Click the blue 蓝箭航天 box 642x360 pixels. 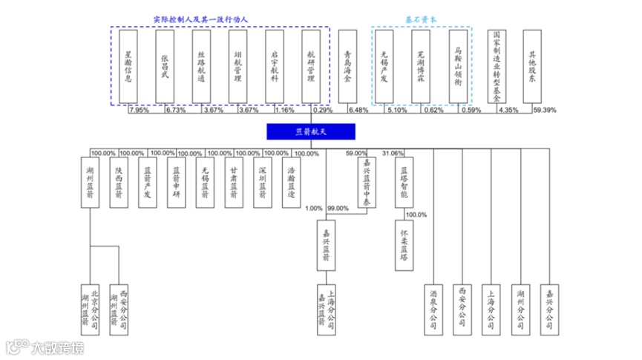click(x=311, y=131)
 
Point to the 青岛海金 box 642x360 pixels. click(x=349, y=66)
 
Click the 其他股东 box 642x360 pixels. click(x=532, y=66)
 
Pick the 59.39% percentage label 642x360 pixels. click(x=546, y=111)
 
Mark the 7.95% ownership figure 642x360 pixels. click(x=139, y=111)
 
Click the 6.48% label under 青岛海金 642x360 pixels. click(x=358, y=111)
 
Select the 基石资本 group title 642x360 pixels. click(x=420, y=19)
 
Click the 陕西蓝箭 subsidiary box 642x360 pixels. click(x=118, y=183)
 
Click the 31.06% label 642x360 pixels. click(x=393, y=154)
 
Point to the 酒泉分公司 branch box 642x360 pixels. click(x=434, y=308)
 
